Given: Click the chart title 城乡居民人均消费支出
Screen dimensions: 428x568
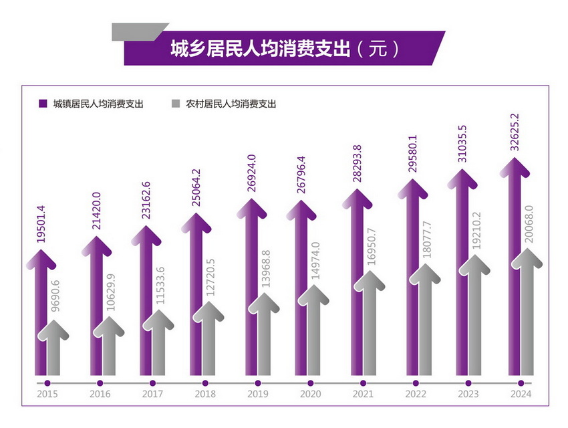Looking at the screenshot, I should [x=261, y=48].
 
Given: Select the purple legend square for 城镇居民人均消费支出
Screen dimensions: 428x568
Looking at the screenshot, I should [x=43, y=104].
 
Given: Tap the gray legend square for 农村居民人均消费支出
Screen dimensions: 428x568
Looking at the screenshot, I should [x=176, y=104].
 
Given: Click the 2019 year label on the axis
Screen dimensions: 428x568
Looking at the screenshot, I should [x=257, y=395].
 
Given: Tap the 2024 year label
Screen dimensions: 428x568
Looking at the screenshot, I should [x=521, y=395].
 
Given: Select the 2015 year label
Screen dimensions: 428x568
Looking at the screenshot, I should [x=47, y=395].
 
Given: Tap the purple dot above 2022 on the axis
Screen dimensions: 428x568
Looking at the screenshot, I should [x=416, y=383].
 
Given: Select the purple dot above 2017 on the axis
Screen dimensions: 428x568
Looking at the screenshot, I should [x=152, y=383].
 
